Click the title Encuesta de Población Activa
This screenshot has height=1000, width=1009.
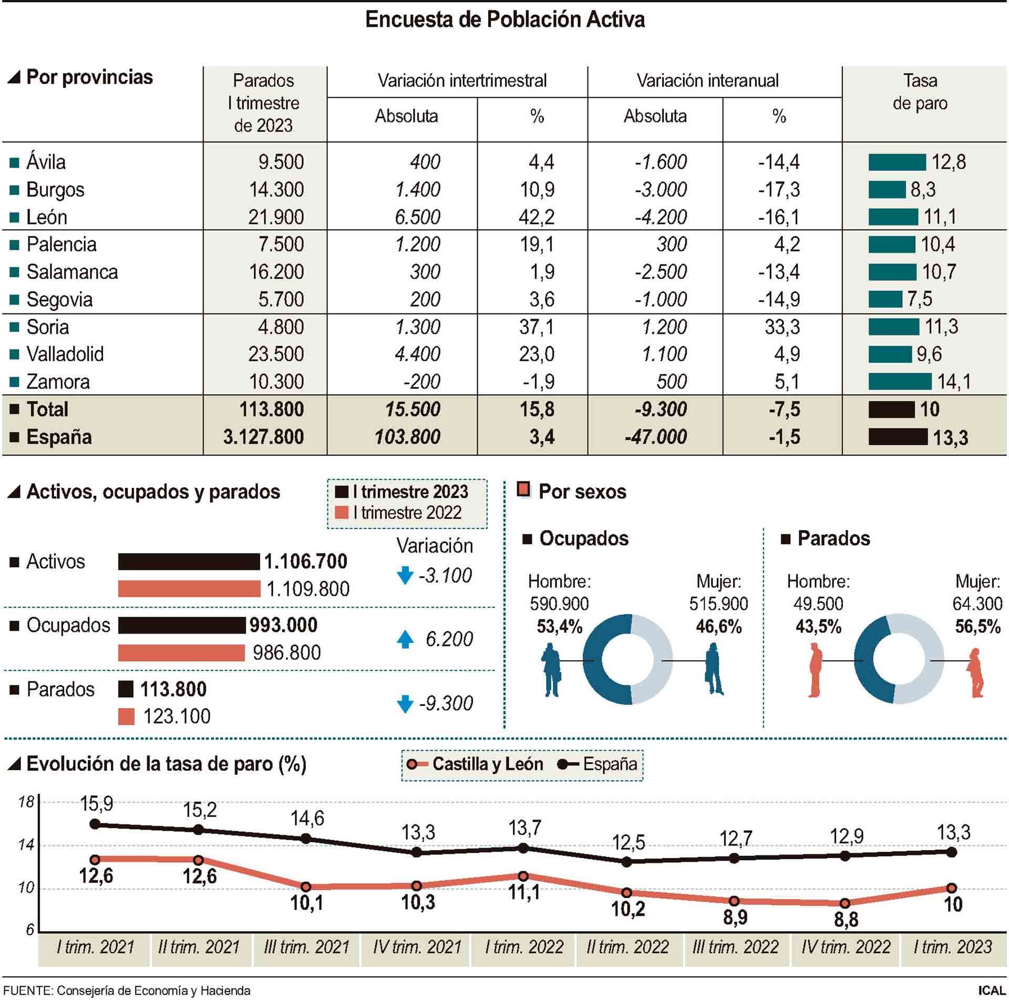(504, 20)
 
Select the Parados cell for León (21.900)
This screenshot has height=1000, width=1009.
(276, 217)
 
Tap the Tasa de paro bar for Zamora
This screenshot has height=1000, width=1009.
(900, 381)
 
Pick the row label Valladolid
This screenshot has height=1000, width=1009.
(65, 354)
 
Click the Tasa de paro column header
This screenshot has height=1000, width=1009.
(920, 92)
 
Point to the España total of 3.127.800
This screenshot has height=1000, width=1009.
(263, 437)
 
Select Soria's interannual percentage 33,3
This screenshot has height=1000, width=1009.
(782, 327)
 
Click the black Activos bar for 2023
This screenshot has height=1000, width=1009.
(189, 562)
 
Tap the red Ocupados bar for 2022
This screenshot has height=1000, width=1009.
(181, 652)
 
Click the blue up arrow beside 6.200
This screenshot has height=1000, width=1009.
(405, 639)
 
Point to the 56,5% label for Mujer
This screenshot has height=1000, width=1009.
(977, 627)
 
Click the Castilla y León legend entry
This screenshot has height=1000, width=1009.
(476, 764)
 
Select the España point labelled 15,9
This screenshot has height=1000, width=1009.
(95, 824)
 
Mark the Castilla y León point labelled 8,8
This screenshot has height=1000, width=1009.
(845, 903)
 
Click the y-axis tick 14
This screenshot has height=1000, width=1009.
(26, 845)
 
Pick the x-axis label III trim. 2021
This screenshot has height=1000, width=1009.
(307, 947)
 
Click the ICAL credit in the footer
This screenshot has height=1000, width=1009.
(991, 991)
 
